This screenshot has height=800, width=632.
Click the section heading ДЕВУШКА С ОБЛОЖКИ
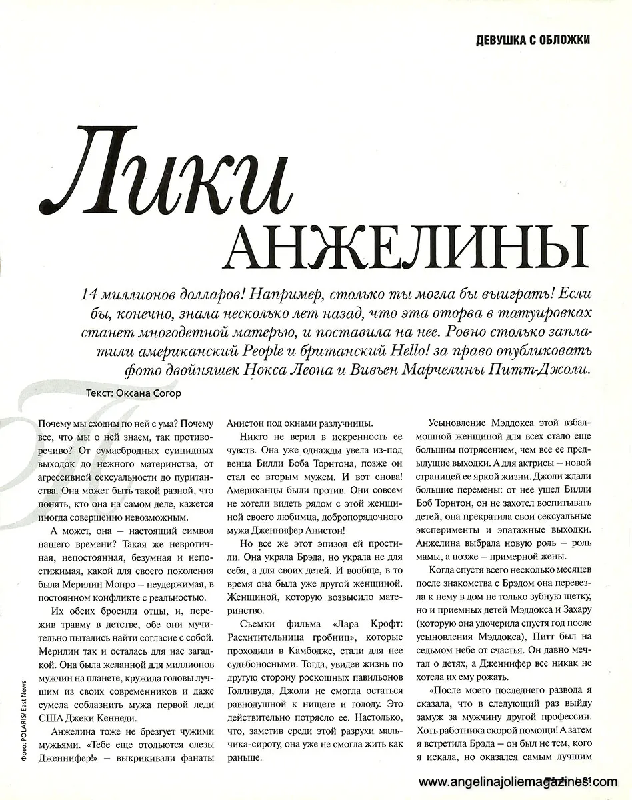pos(532,40)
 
